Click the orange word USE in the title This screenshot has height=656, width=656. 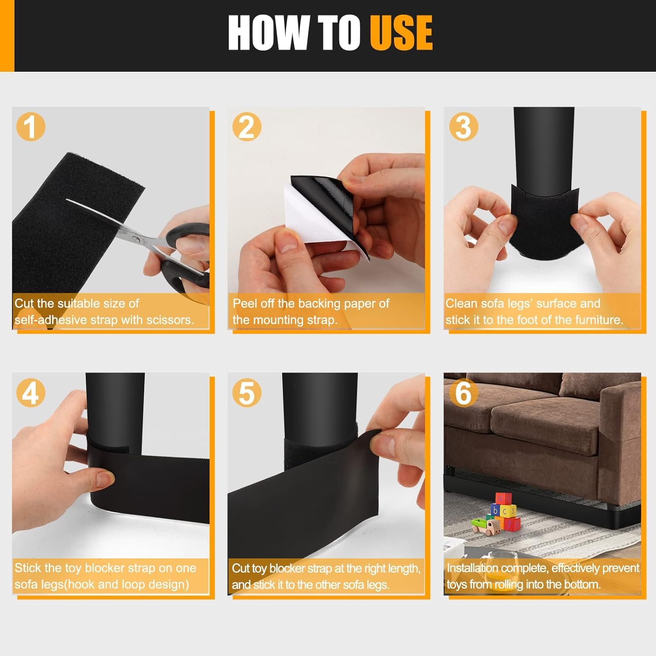(x=401, y=32)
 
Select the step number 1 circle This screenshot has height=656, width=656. (x=31, y=127)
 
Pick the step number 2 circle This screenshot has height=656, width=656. (x=247, y=127)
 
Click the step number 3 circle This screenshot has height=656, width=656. (x=464, y=127)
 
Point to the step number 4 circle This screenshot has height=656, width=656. (x=31, y=392)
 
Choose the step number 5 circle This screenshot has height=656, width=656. (x=247, y=392)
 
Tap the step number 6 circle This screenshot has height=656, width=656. (x=464, y=392)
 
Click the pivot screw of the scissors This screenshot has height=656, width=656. (x=136, y=238)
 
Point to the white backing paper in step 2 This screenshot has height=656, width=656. (x=315, y=214)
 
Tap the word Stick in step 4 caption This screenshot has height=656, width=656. (x=28, y=568)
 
